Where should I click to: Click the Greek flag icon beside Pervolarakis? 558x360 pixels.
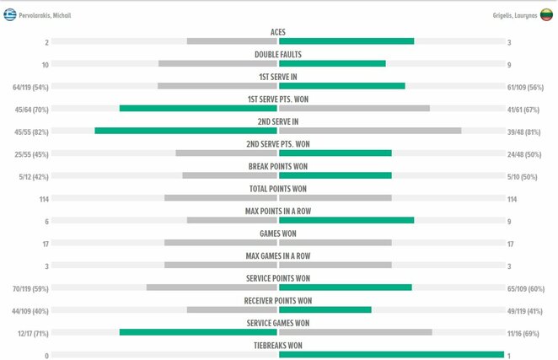[10, 14]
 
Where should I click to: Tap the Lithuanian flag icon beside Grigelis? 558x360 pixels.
[546, 14]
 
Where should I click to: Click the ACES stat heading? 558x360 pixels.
[278, 32]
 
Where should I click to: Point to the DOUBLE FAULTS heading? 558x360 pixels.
[278, 55]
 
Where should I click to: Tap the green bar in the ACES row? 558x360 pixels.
[346, 41]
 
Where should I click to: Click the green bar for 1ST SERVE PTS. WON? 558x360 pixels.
[199, 108]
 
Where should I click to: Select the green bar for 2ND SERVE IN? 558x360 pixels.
[186, 131]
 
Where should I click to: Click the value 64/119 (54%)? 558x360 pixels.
[30, 87]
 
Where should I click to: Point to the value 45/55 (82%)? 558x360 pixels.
[30, 132]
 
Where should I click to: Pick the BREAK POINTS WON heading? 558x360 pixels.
[278, 166]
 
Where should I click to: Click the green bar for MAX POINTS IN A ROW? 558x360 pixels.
[346, 220]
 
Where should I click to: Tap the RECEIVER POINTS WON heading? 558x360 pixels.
[278, 300]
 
